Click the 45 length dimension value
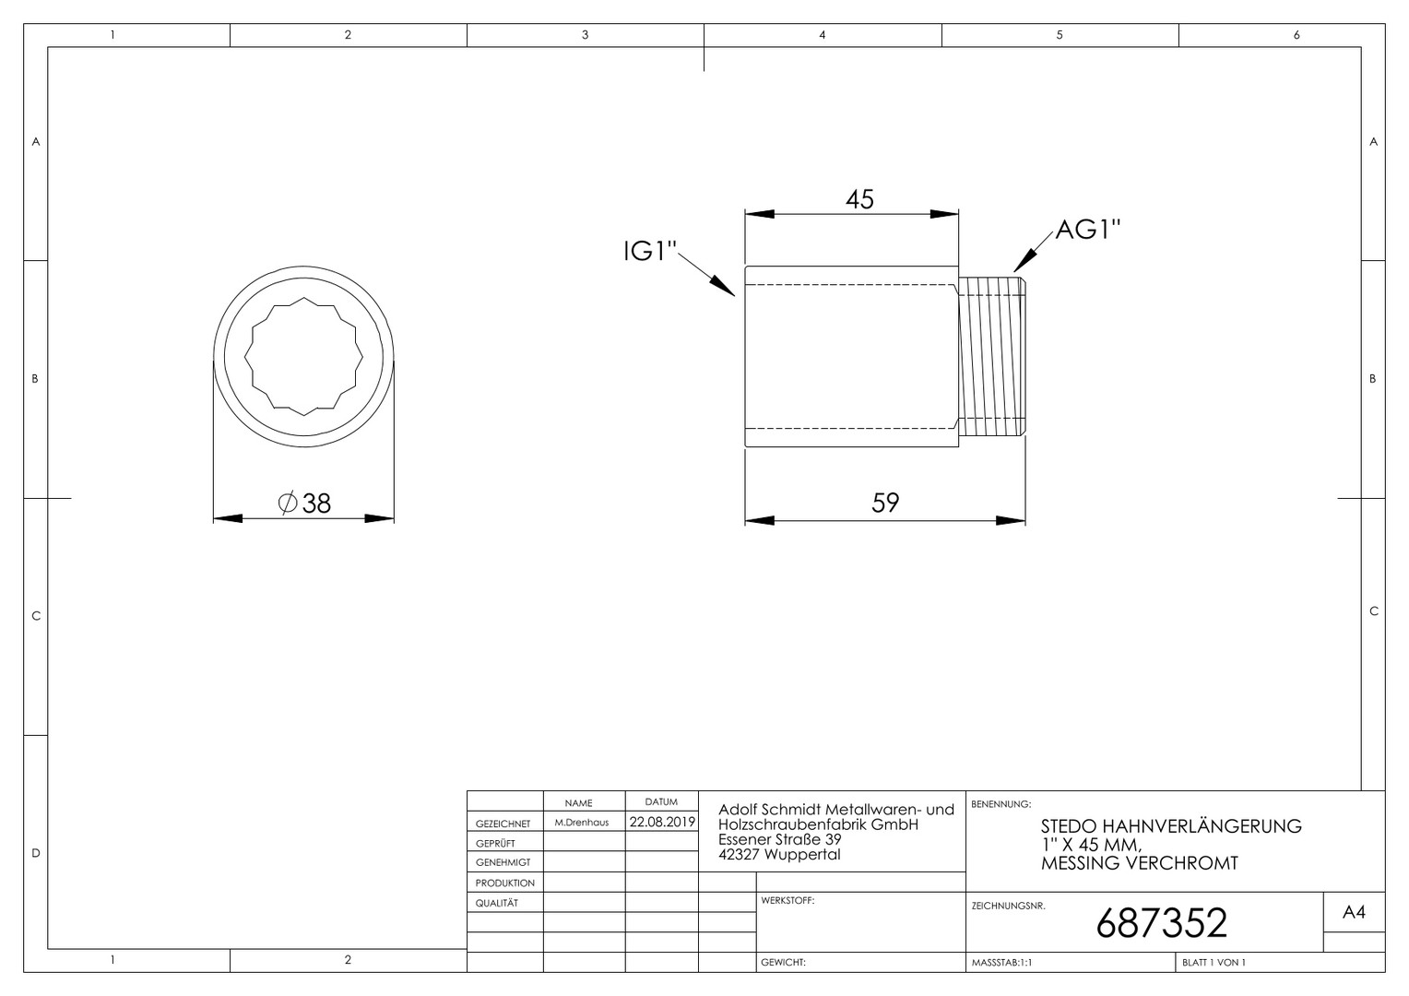(859, 199)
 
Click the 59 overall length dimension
(885, 503)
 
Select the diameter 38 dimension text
(304, 504)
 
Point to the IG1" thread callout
(650, 252)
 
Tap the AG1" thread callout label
(1087, 230)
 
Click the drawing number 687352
(1161, 923)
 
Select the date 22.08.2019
(662, 822)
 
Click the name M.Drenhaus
(581, 823)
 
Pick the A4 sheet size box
(1354, 912)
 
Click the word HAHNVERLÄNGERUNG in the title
(1202, 826)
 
